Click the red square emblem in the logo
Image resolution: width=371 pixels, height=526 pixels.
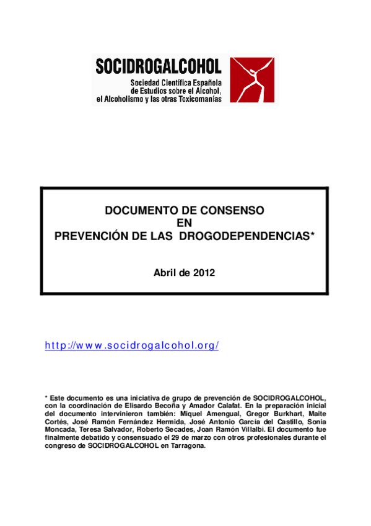(x=252, y=80)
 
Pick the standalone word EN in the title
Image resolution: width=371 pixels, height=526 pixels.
(x=185, y=223)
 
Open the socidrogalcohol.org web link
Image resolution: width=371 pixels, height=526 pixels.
(x=132, y=345)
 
